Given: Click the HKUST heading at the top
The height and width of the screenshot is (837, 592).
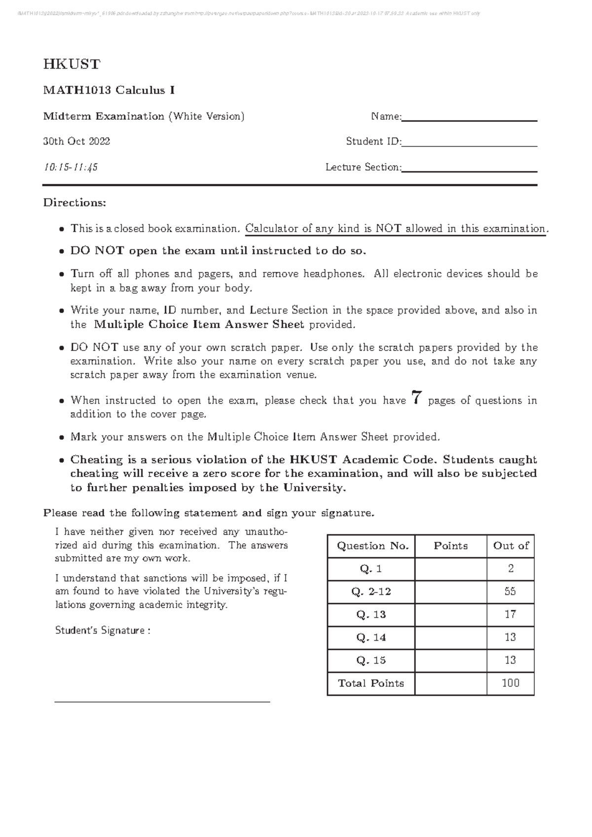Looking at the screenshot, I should coord(72,64).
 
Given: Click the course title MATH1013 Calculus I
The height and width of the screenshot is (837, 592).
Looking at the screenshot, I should coord(109,90).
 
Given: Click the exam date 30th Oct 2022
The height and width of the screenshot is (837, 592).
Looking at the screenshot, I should coord(76,141).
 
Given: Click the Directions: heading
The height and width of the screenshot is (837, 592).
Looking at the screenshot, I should coord(74,203).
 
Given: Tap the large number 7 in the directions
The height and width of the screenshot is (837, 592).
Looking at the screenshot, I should coord(417,398).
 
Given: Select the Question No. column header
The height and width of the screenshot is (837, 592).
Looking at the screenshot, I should coord(372,546).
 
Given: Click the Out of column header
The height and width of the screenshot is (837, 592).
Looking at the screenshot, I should coord(511,546).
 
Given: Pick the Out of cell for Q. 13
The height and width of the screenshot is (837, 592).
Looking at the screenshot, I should coord(510,614).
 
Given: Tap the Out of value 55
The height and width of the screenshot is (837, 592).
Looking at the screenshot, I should coord(510,592).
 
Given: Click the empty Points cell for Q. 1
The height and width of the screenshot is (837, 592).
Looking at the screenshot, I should coord(450,569).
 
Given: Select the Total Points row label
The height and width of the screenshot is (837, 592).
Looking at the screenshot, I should coord(371,683).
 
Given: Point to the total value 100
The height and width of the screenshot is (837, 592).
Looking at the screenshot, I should coord(510,683).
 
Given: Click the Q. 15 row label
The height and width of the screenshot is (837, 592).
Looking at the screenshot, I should coord(371,660).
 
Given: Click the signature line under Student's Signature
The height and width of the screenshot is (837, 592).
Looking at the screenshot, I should coord(162,700).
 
